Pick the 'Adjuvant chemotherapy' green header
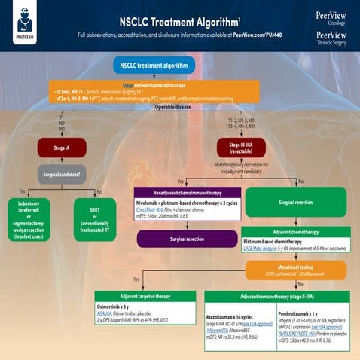295,232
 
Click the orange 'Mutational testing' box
295,267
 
